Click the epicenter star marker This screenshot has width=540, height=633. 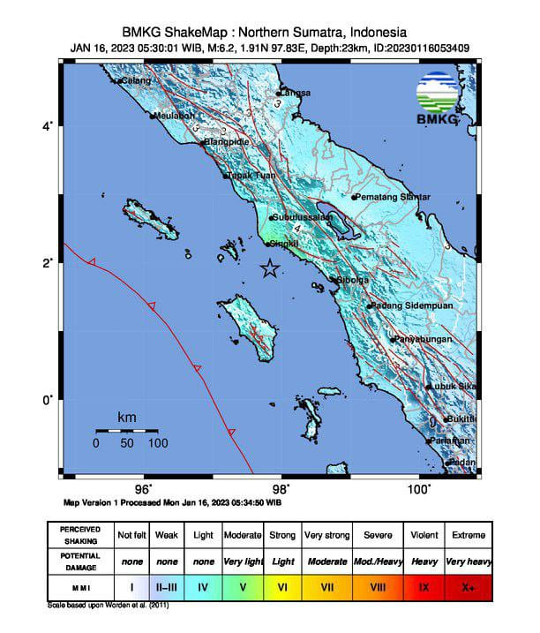270,270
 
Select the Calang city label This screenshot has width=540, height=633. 135,81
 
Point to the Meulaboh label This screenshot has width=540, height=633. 173,116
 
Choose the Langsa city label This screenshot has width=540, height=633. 295,93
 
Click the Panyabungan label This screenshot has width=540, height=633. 424,340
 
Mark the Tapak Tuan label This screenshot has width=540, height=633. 251,176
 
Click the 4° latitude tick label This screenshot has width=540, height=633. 48,126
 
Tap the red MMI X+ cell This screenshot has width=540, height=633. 466,585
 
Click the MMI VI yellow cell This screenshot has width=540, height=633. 282,585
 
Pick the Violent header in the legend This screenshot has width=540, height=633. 424,535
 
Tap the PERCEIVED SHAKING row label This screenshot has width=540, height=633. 80,535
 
